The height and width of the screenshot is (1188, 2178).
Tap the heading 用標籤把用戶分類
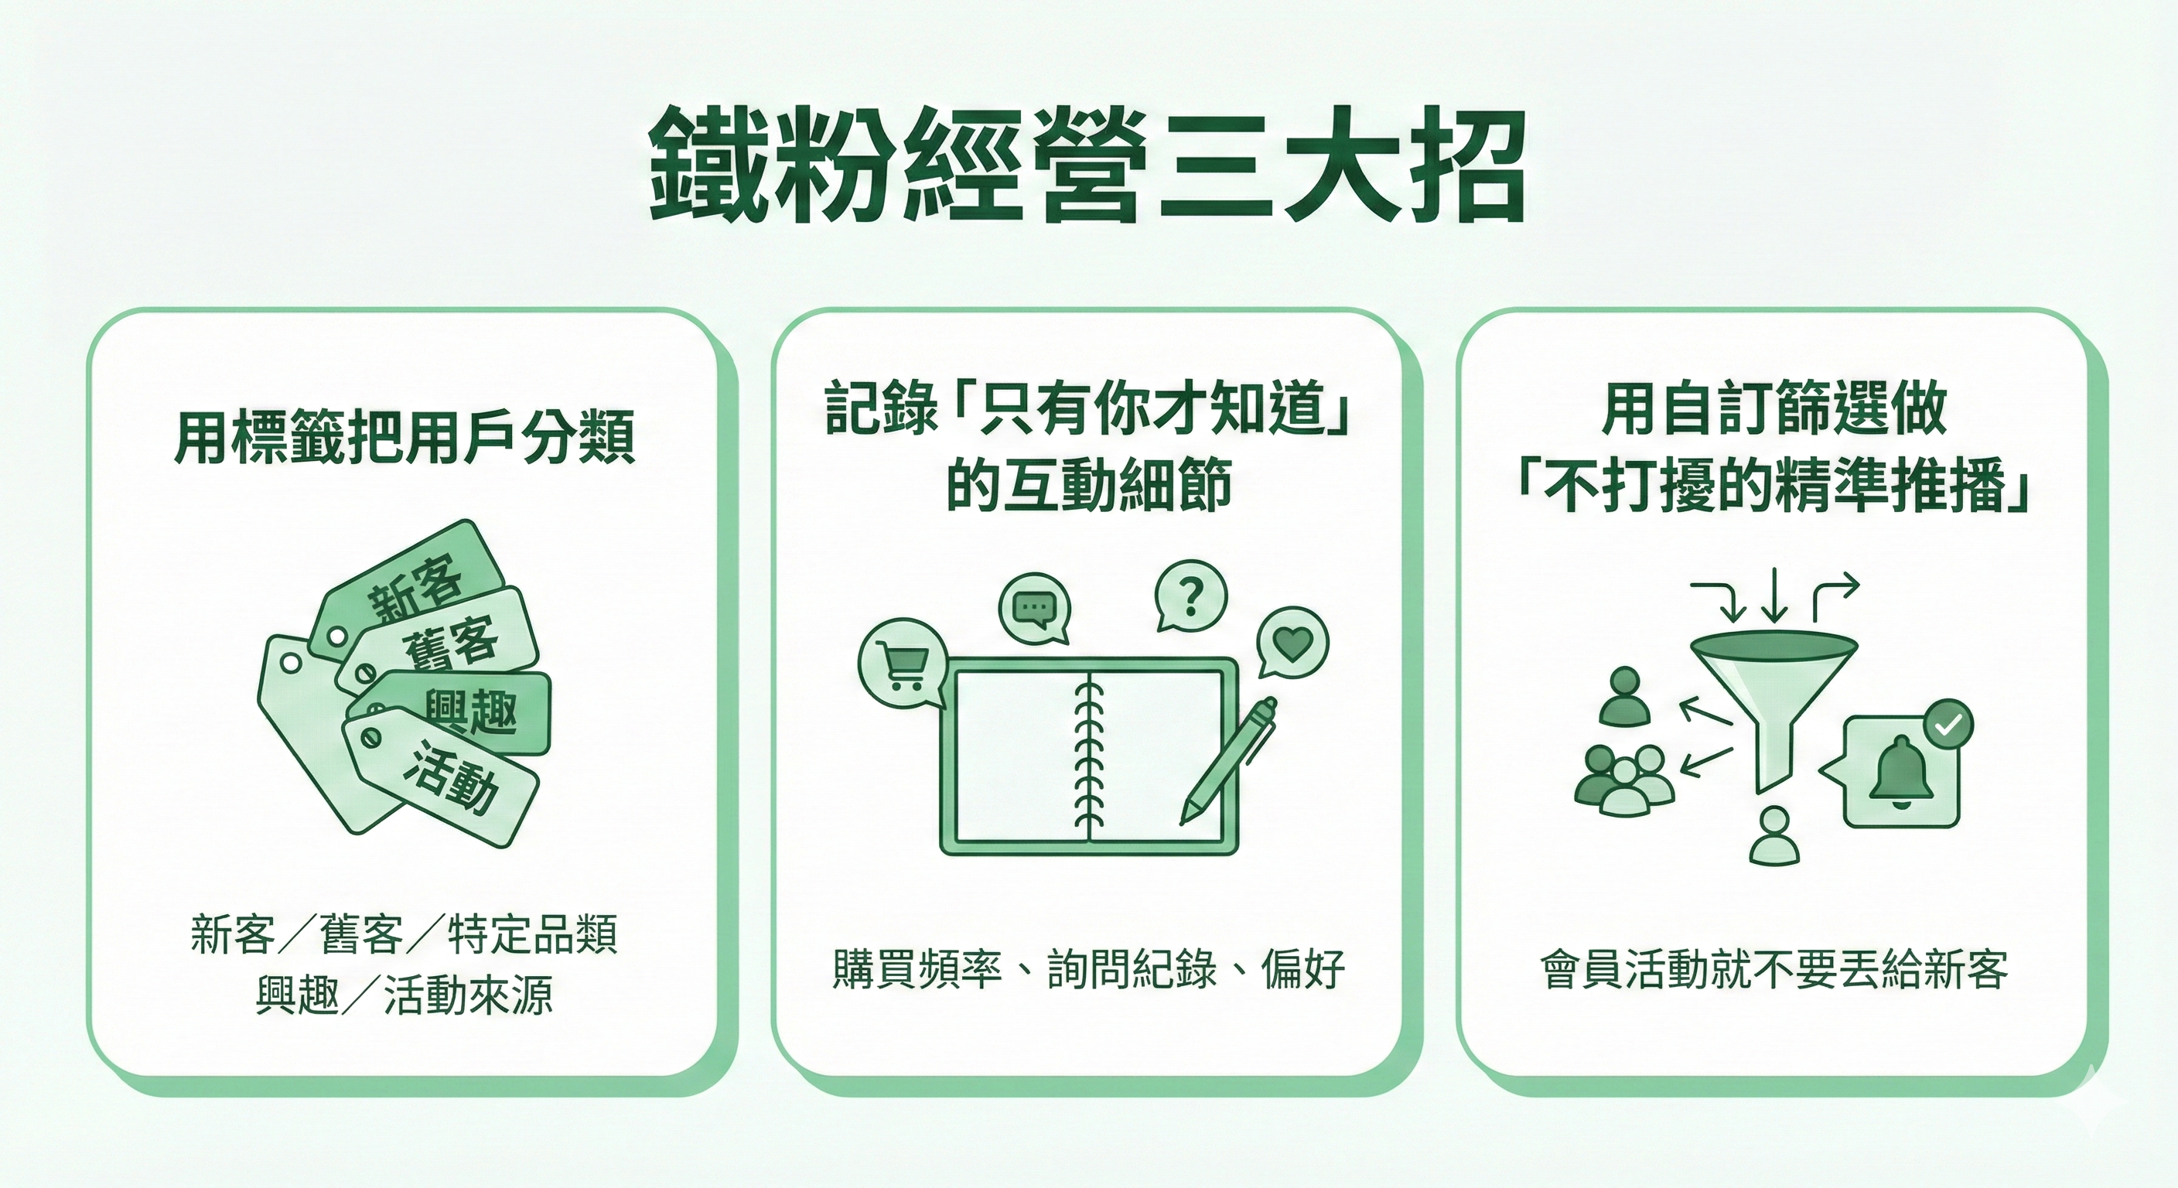(405, 439)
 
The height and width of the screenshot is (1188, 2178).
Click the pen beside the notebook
(1228, 760)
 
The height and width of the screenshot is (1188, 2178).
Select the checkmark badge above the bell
(1948, 725)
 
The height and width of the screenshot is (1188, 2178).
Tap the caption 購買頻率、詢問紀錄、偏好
(1089, 969)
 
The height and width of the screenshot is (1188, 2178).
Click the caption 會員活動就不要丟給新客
(1773, 969)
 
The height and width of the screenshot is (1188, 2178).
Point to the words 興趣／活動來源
(405, 995)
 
